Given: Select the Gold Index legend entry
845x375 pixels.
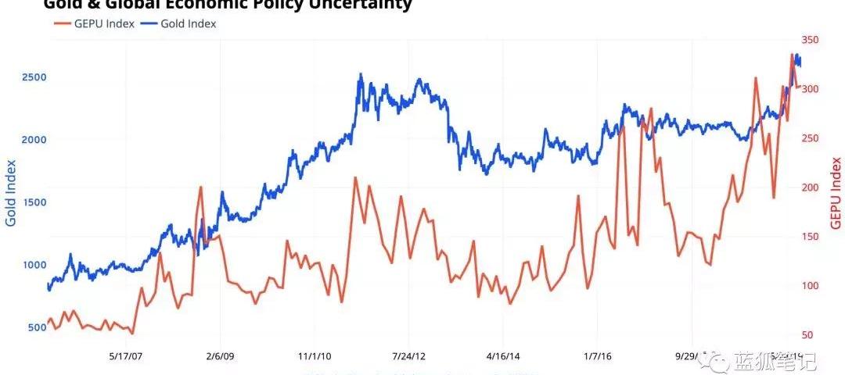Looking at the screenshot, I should pos(181,23).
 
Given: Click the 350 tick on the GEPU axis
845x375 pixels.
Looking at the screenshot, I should pos(811,40).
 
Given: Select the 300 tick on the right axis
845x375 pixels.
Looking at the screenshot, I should pos(811,89).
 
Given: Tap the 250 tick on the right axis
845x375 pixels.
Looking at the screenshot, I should pos(811,138).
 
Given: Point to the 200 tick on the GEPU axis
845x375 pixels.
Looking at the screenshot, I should pos(811,187).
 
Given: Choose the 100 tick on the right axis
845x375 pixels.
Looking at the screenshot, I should pos(811,286).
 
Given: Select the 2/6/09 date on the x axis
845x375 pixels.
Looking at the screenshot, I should pos(221,356).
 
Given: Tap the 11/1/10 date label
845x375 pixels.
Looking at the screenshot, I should pos(313,356).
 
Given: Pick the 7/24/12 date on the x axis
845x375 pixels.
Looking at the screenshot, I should pos(408,356).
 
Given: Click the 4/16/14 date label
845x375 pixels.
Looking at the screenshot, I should pos(503,356).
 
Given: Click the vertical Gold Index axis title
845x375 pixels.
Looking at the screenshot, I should pos(11,193).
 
